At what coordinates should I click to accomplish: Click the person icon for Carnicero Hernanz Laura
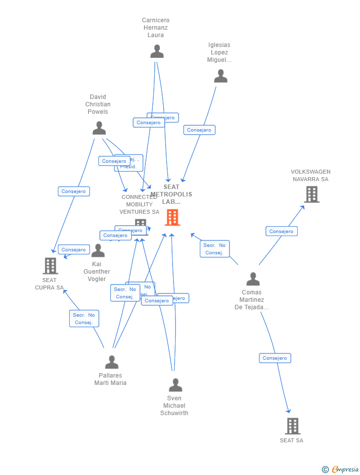[157, 51]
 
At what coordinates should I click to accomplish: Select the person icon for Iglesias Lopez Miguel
[221, 76]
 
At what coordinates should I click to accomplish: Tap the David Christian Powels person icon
[99, 128]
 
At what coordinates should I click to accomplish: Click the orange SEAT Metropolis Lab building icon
[172, 217]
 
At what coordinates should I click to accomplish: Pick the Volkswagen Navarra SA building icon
[312, 194]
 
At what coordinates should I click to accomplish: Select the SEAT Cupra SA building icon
[50, 266]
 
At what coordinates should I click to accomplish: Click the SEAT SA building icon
[292, 426]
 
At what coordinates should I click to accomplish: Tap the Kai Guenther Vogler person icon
[98, 251]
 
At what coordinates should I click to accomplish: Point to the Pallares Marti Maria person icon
[112, 363]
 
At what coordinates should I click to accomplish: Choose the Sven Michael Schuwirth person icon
[175, 385]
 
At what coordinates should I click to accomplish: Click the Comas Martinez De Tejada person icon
[253, 279]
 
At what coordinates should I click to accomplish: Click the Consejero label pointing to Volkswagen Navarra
[281, 231]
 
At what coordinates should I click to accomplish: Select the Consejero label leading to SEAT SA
[275, 358]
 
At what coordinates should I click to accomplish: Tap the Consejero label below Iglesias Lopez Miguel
[199, 130]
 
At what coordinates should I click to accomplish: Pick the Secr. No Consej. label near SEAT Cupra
[84, 319]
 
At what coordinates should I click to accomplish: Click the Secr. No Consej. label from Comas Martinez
[215, 249]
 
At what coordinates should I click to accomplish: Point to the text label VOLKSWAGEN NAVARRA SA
[311, 176]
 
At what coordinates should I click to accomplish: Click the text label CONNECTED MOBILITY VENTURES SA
[139, 204]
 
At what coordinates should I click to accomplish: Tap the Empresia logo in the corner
[341, 469]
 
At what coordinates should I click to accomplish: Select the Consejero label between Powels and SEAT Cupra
[74, 191]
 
